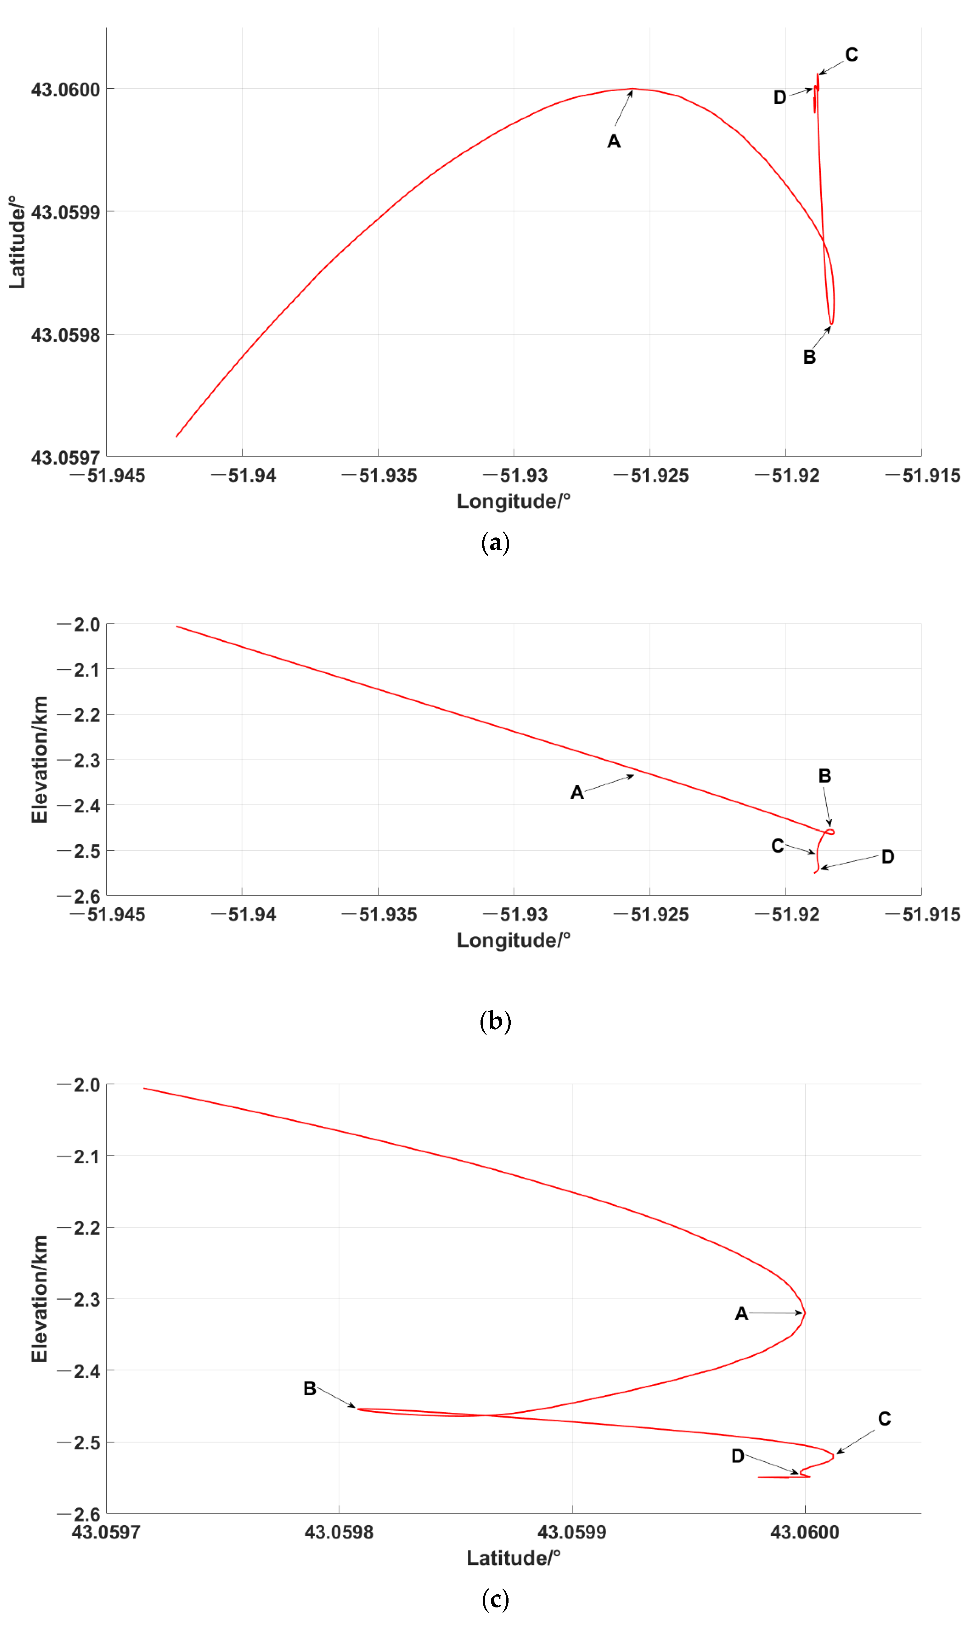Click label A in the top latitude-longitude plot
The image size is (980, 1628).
[613, 141]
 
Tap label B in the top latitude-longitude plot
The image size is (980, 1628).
[809, 357]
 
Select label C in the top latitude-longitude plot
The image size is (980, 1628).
[851, 55]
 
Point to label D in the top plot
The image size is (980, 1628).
[779, 98]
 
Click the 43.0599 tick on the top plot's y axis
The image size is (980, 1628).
[65, 212]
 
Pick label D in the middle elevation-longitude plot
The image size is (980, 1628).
[888, 857]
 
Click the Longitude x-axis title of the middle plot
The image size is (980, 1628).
[513, 940]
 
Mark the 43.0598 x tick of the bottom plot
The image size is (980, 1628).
[339, 1532]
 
